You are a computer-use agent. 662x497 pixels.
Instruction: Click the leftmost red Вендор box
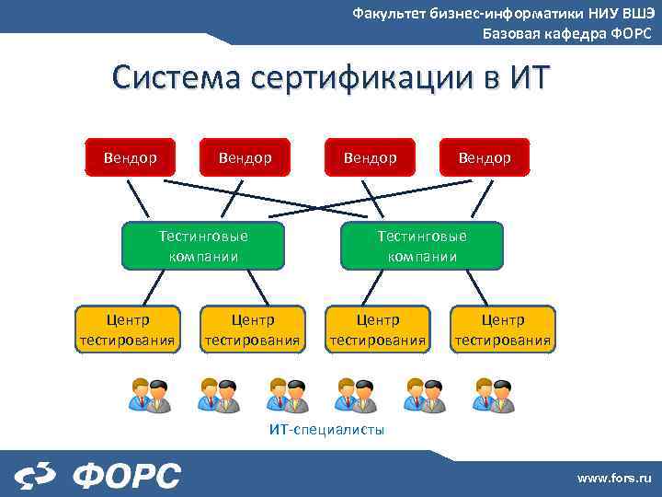click(130, 157)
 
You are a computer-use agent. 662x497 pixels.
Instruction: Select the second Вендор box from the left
click(245, 157)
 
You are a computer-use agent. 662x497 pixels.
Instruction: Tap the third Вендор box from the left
click(370, 157)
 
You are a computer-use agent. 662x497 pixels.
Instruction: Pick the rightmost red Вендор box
click(485, 157)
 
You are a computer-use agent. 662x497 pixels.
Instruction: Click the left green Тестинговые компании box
click(203, 246)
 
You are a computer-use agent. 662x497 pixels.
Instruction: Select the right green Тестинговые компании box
click(422, 246)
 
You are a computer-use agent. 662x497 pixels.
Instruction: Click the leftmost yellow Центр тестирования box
click(128, 329)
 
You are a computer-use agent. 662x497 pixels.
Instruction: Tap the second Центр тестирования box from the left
click(252, 329)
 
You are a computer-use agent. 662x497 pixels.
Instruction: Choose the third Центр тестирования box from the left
click(377, 329)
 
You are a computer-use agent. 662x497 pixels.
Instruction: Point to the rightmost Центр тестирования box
click(502, 329)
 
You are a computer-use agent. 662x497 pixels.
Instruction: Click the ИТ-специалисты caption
click(326, 430)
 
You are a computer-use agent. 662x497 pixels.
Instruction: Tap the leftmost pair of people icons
click(150, 395)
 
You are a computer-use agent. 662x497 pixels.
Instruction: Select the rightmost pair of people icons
click(494, 395)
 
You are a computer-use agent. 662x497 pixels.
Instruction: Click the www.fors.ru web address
click(613, 478)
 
